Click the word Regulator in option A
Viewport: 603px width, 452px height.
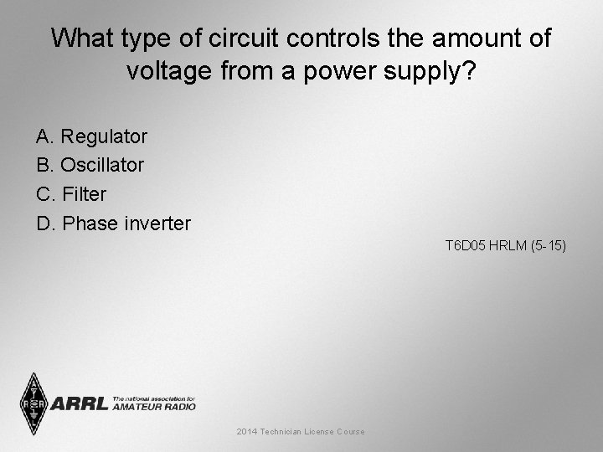click(x=104, y=136)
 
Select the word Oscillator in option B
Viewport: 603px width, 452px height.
click(x=102, y=166)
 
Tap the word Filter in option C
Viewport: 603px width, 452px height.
click(x=85, y=195)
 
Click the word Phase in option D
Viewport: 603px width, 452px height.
click(x=90, y=224)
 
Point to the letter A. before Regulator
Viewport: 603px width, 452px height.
click(x=45, y=136)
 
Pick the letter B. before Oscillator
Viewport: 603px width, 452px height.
click(x=45, y=166)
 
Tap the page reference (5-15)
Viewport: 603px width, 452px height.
click(x=548, y=246)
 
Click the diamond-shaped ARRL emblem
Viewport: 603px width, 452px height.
click(x=34, y=403)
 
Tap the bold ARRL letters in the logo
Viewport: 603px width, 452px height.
click(x=80, y=403)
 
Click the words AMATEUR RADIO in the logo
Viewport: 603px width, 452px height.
click(x=153, y=407)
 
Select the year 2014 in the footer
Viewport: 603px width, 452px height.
click(x=246, y=432)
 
